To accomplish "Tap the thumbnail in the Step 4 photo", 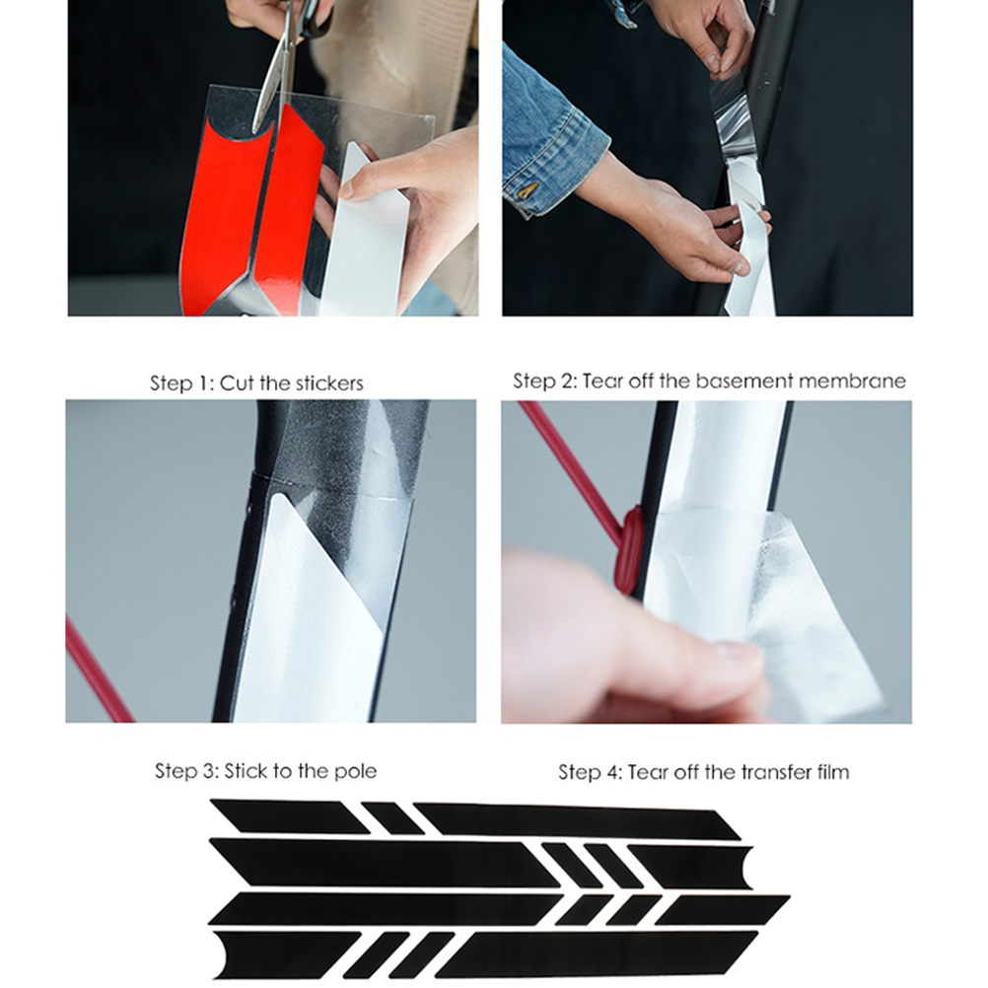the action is (x=736, y=656).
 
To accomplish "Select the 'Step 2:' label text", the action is (x=544, y=381).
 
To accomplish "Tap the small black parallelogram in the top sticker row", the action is (x=392, y=817).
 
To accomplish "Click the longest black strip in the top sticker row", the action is (x=577, y=821).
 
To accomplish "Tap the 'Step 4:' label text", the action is (x=590, y=772).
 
